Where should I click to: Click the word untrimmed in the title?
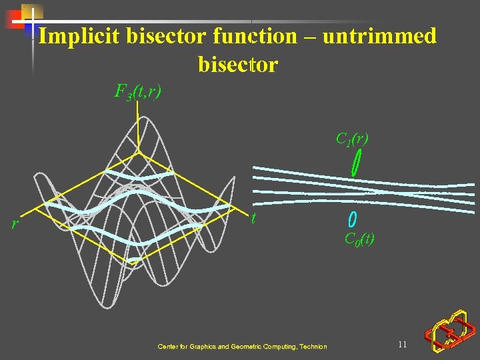pos(379,36)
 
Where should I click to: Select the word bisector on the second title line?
pos(238,65)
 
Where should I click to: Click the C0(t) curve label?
pos(359,239)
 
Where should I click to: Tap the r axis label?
pos(15,224)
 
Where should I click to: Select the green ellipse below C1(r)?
pos(357,163)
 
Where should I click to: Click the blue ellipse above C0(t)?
pos(353,219)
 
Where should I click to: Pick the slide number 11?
pos(402,345)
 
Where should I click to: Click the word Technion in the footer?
pos(313,347)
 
